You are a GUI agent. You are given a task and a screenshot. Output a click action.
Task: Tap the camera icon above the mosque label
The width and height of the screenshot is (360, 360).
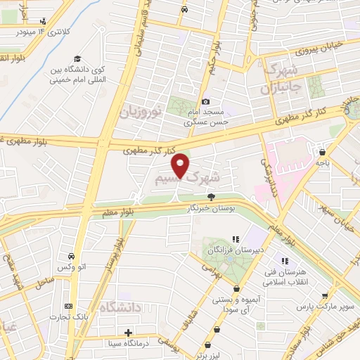tap(205, 102)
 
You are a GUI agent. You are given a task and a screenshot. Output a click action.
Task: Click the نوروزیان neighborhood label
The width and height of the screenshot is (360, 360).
tap(141, 111)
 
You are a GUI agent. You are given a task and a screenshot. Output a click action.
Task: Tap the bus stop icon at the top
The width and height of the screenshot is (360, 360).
tap(184, 10)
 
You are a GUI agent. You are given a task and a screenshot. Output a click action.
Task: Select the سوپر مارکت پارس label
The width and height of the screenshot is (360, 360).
tap(323, 308)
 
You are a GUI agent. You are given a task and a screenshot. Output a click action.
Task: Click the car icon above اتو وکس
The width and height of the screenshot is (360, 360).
tap(72, 256)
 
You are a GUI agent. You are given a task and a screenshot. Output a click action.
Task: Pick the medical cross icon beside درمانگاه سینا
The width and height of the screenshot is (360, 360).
tap(127, 333)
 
